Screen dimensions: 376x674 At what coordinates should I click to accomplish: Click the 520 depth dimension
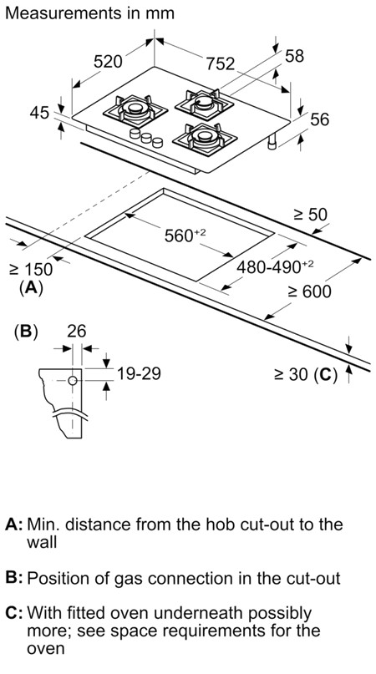[x=108, y=62]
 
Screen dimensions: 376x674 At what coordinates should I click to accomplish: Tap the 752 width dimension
[x=221, y=63]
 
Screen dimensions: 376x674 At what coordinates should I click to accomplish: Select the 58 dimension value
[x=294, y=56]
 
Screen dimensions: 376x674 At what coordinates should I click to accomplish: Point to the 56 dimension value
[x=319, y=119]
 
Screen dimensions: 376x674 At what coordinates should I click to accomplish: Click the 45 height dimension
[x=39, y=113]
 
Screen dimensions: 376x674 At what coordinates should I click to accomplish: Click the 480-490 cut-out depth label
[x=275, y=267]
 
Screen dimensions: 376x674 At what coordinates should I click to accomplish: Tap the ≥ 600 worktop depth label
[x=310, y=291]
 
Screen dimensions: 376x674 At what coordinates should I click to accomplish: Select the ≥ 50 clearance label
[x=311, y=214]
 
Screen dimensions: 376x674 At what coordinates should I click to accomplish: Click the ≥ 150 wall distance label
[x=31, y=270]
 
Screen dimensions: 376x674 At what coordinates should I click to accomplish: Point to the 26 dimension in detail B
[x=77, y=331]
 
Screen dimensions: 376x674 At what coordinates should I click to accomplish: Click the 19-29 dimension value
[x=139, y=373]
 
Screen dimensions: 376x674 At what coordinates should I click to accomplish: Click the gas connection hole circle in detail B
[x=73, y=380]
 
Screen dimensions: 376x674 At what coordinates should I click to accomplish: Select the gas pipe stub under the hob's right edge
[x=272, y=143]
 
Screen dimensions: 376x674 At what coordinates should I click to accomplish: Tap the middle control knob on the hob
[x=146, y=138]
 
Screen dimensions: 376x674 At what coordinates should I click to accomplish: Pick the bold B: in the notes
[x=13, y=578]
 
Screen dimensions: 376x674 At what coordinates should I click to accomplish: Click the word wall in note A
[x=42, y=542]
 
